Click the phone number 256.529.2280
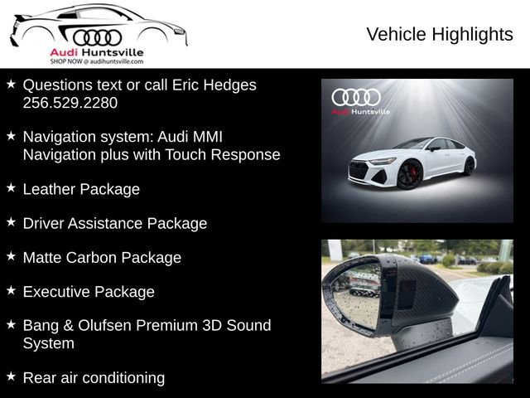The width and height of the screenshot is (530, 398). (70, 103)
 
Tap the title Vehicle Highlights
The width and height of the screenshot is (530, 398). (439, 34)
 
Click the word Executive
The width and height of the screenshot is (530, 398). (55, 292)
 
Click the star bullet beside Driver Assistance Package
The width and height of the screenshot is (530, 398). (11, 222)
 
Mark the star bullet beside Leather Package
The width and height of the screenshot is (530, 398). (11, 188)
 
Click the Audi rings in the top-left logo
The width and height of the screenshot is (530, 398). (97, 37)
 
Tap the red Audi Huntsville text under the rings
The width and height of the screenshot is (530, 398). (97, 52)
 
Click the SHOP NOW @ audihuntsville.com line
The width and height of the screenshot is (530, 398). (97, 61)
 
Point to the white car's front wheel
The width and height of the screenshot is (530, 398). (409, 176)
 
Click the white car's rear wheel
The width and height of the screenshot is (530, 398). (469, 166)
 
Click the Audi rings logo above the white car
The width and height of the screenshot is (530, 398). (356, 97)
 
